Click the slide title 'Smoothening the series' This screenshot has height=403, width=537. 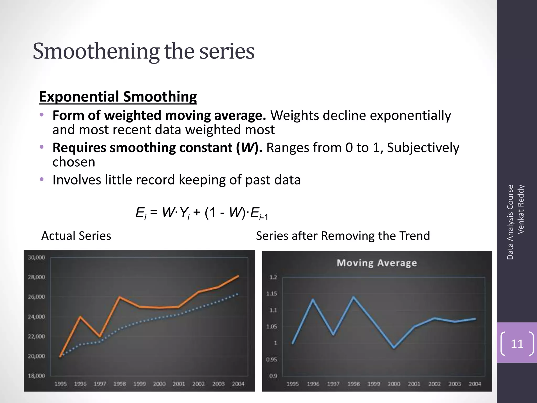tap(143, 51)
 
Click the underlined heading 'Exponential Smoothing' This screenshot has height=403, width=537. tap(118, 97)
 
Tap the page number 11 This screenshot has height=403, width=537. tap(517, 344)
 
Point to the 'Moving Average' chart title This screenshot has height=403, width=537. tap(377, 263)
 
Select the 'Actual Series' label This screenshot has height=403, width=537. tap(76, 236)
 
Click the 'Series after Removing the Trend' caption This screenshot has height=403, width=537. tap(343, 236)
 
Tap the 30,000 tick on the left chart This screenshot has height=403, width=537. tap(36, 257)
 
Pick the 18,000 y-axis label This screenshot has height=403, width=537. tap(36, 376)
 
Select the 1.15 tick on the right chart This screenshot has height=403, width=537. tap(272, 294)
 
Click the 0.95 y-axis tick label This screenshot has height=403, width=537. tap(272, 359)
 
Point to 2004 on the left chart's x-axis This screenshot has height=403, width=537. tap(238, 384)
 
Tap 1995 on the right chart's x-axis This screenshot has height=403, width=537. tap(293, 384)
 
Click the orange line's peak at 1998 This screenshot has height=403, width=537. tap(120, 297)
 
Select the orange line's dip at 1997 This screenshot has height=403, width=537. tap(100, 336)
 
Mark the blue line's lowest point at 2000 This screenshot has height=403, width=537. tap(394, 348)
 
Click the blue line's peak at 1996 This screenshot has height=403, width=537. tap(313, 300)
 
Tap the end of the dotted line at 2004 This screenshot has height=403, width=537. tap(238, 294)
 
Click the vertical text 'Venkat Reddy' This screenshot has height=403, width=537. tap(521, 209)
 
